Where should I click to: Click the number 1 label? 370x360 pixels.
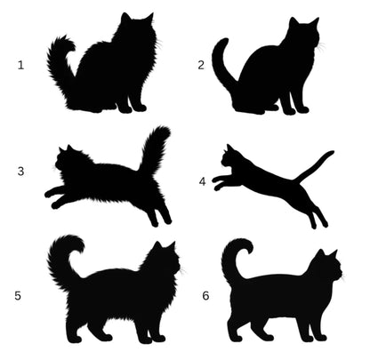click(20, 65)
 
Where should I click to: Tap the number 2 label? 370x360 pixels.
click(201, 65)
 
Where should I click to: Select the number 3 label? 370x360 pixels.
click(20, 172)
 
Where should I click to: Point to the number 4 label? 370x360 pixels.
click(202, 181)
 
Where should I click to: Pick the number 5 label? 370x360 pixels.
click(18, 296)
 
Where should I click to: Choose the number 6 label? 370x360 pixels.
click(205, 296)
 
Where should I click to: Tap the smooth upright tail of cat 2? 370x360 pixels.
click(220, 62)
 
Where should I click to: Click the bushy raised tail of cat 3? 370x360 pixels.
click(154, 148)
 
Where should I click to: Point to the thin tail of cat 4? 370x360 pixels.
click(314, 166)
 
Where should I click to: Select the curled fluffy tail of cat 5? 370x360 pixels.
click(60, 260)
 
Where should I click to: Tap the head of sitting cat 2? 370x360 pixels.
click(303, 33)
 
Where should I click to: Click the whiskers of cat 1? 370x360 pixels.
click(159, 44)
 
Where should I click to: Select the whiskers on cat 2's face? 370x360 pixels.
click(322, 47)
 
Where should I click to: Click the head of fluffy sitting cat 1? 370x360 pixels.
click(137, 28)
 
